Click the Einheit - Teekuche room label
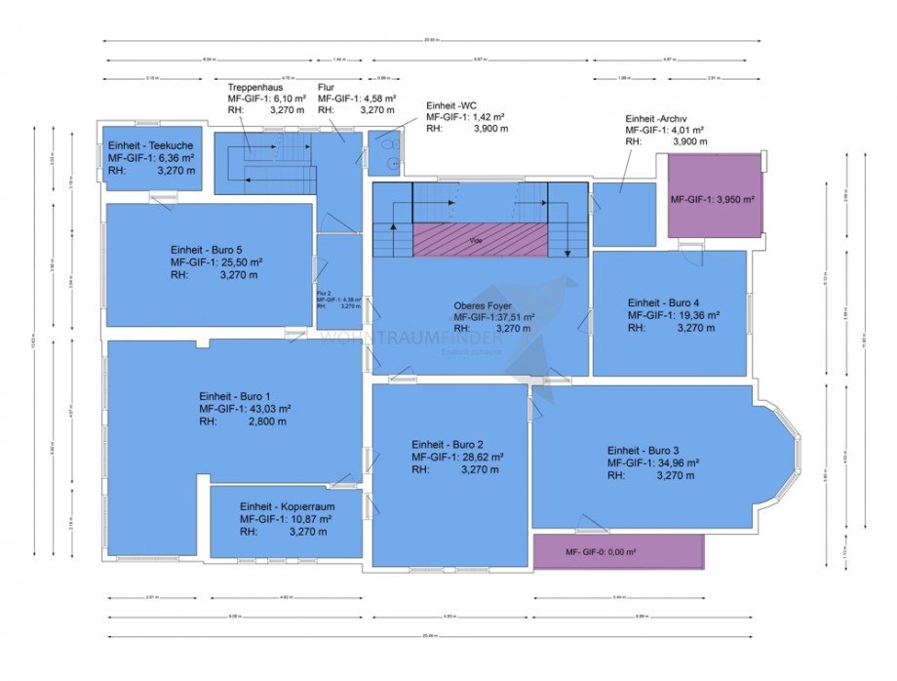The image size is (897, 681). (x=150, y=144)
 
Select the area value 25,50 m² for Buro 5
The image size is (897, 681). (x=237, y=262)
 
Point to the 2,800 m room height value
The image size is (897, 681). (x=266, y=421)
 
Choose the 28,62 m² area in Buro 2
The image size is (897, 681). (x=479, y=456)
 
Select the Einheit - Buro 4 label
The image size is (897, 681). (x=672, y=302)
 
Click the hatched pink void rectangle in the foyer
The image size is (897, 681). (x=481, y=239)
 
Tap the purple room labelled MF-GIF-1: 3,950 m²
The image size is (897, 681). (x=714, y=198)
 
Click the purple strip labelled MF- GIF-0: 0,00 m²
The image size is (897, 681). (x=617, y=552)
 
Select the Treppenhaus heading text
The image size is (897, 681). (x=254, y=86)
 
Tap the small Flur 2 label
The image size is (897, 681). (x=325, y=292)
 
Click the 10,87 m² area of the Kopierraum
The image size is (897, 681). (x=307, y=519)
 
